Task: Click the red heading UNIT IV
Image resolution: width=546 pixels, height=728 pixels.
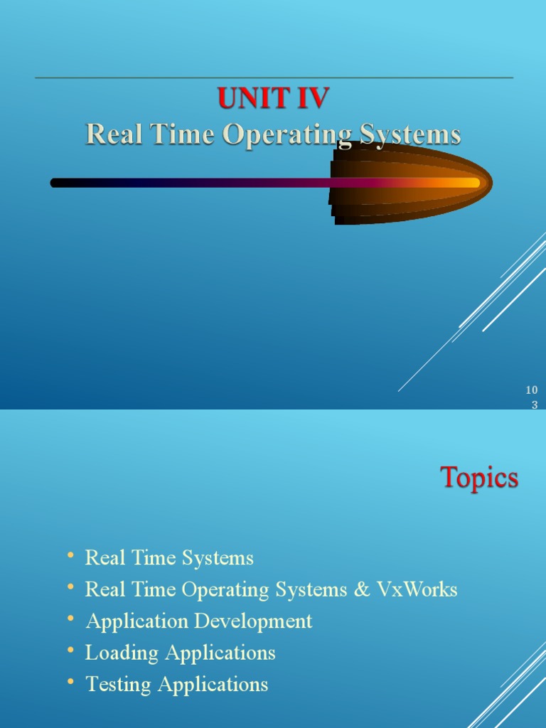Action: (x=273, y=98)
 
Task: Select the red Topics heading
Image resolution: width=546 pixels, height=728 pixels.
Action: (x=479, y=477)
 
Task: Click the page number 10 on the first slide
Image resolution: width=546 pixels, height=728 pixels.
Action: (x=531, y=390)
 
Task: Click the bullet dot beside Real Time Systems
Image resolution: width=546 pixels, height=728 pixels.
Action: (x=70, y=555)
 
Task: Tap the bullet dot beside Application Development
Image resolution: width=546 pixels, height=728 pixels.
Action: (x=70, y=619)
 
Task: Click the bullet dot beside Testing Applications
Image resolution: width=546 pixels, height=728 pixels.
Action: (x=70, y=682)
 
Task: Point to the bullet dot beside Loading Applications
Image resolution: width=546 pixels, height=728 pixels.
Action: (x=70, y=650)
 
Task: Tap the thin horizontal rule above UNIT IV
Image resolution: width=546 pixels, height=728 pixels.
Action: (x=273, y=77)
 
